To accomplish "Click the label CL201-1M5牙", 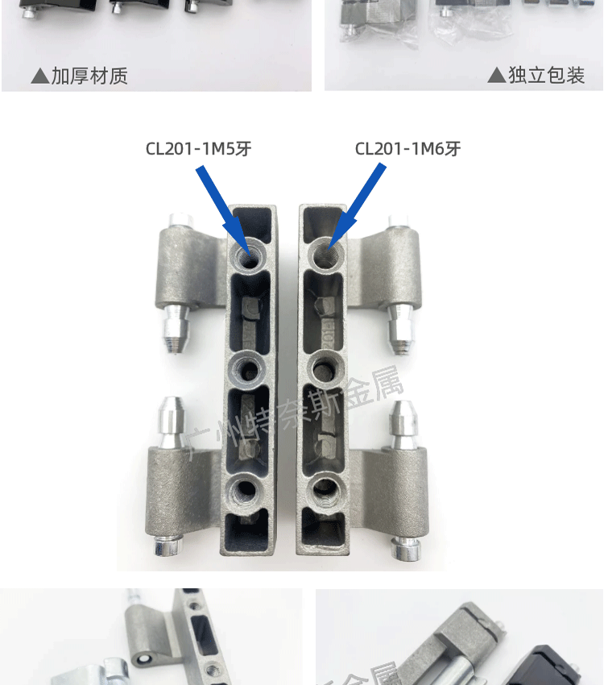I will point(198,148).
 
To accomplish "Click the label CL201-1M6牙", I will point(407,148).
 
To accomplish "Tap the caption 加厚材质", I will point(89,77).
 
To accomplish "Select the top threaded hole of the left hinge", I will point(248,256).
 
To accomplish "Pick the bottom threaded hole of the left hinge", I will point(243,489).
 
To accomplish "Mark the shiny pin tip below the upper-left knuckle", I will point(176,330).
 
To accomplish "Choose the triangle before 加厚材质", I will point(39,77).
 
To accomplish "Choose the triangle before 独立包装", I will point(497,76).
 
